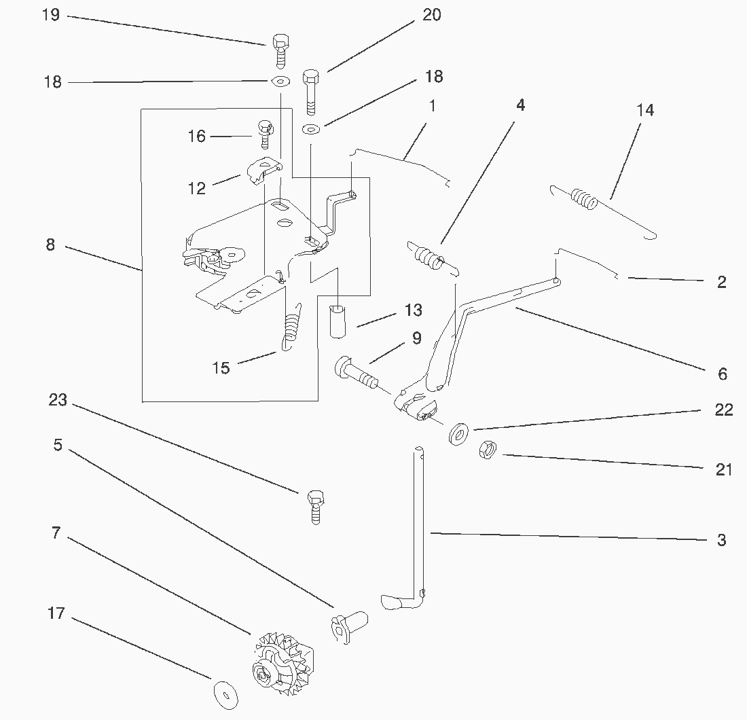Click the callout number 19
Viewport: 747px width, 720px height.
point(51,15)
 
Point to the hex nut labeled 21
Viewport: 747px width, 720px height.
point(487,449)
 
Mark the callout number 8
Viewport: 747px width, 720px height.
point(50,245)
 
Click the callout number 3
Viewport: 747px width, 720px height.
point(721,541)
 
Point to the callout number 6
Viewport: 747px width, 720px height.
point(722,374)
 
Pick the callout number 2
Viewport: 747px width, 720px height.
point(721,282)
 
